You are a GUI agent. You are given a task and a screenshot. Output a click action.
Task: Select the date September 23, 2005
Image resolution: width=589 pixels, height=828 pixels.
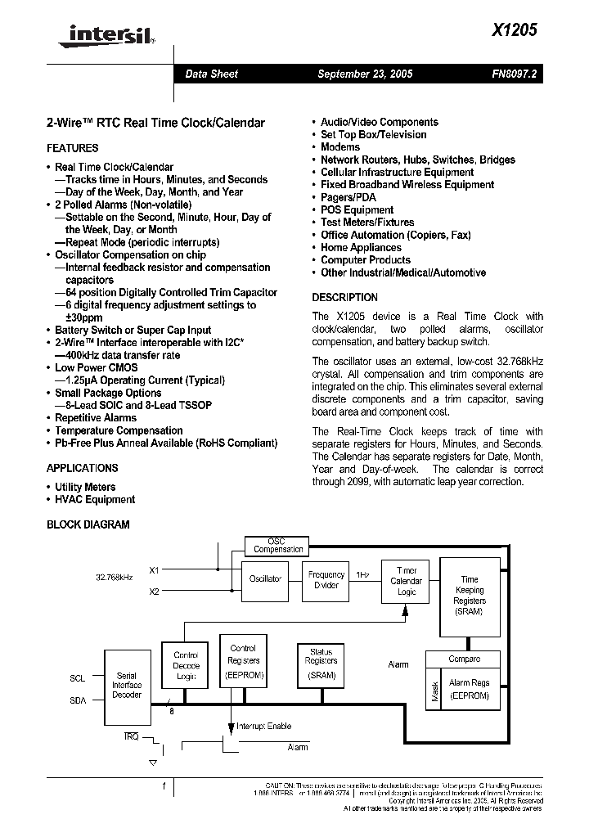[x=365, y=74]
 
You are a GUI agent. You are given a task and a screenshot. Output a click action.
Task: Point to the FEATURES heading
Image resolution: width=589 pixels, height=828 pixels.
[x=73, y=148]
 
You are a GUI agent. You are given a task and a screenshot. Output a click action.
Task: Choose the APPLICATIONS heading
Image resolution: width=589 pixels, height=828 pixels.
[x=82, y=468]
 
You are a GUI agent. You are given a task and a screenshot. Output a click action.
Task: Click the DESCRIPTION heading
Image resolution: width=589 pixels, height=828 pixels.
[x=345, y=298]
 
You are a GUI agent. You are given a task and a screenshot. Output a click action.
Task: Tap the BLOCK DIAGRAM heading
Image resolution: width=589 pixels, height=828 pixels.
[x=88, y=524]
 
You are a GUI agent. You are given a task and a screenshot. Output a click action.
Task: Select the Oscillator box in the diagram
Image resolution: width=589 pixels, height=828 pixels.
[x=265, y=578]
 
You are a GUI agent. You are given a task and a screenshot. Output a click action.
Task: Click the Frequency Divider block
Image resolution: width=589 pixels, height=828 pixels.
[x=326, y=580]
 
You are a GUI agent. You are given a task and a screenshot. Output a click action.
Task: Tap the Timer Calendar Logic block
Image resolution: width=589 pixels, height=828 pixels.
[x=407, y=581]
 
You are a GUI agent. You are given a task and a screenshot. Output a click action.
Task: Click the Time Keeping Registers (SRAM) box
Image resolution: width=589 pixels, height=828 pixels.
[x=469, y=595]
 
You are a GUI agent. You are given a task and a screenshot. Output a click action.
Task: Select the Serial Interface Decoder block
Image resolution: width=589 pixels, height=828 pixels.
[x=127, y=685]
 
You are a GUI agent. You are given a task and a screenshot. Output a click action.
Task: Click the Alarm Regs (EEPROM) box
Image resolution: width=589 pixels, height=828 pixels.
[x=469, y=689]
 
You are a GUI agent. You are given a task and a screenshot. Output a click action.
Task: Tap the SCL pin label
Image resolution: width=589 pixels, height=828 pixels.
[x=77, y=678]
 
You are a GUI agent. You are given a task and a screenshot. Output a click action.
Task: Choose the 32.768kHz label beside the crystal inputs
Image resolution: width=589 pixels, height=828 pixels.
[x=113, y=578]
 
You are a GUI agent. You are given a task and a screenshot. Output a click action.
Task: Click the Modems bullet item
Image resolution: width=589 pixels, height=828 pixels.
[x=340, y=147]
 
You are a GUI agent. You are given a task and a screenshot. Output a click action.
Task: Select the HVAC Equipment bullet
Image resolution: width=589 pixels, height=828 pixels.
[x=95, y=499]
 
